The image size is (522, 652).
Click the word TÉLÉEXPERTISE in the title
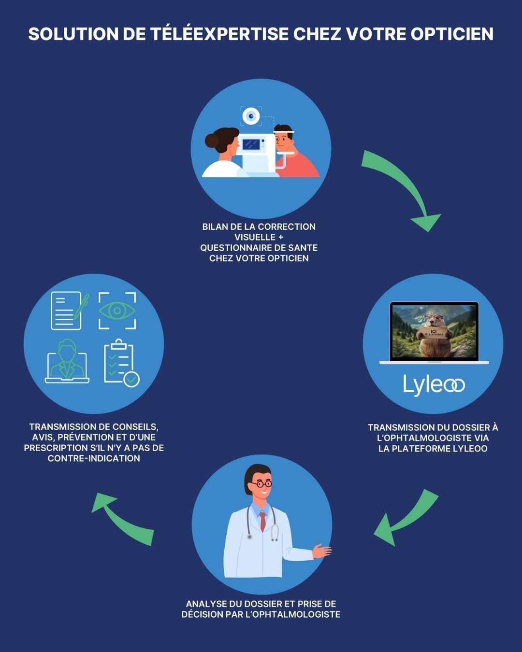[x=219, y=33]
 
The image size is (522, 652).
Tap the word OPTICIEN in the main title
[x=452, y=34]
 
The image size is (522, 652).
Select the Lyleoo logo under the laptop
[x=434, y=385]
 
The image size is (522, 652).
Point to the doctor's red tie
[x=262, y=522]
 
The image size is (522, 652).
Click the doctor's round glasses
[x=261, y=484]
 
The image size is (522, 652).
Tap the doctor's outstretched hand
[x=321, y=551]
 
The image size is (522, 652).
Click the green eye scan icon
[x=117, y=311]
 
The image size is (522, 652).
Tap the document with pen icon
[x=69, y=311]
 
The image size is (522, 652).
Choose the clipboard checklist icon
[x=121, y=364]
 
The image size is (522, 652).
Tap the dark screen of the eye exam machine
[x=251, y=144]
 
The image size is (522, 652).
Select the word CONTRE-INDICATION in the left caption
[x=94, y=458]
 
